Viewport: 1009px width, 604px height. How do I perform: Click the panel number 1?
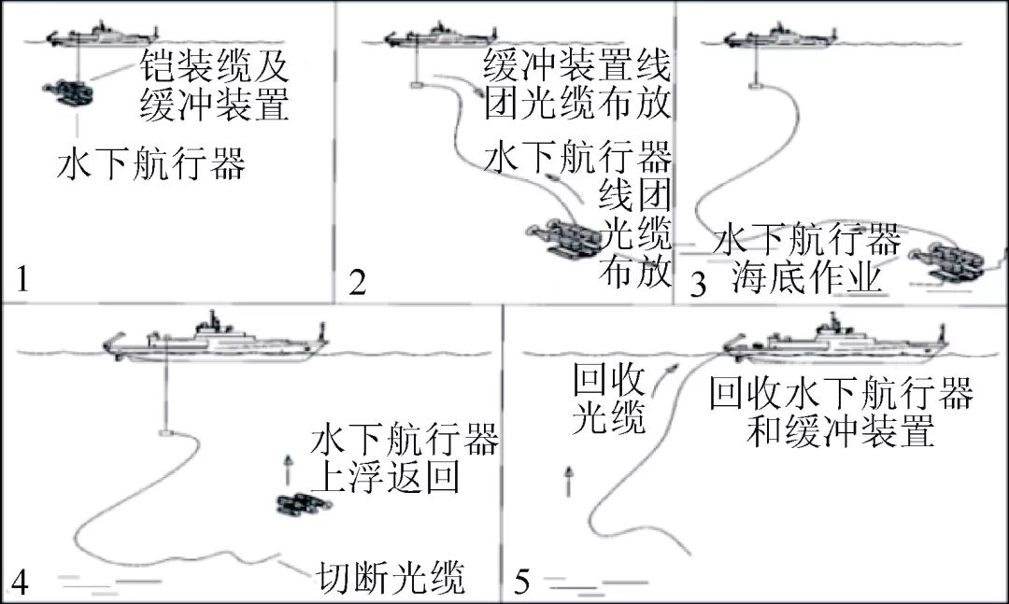24,278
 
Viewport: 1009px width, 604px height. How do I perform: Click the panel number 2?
356,280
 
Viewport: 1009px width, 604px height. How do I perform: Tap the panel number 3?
697,284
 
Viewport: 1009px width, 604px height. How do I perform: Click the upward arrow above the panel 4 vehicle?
288,463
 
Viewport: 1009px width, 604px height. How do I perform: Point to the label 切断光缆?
387,576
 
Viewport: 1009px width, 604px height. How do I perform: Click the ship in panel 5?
831,342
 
